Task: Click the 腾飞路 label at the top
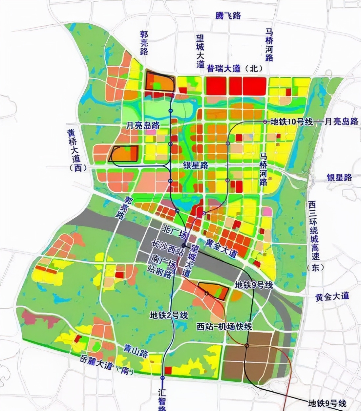(x=228, y=15)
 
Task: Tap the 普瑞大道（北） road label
(x=235, y=68)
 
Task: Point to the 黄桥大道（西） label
(x=76, y=150)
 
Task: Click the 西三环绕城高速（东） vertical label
(x=314, y=236)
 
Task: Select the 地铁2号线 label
(x=169, y=315)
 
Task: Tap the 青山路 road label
(x=135, y=351)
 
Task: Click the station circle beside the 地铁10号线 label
(x=265, y=122)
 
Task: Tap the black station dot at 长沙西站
(x=184, y=245)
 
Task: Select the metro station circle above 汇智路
(x=162, y=378)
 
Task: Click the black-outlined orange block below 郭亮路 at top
(x=160, y=81)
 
